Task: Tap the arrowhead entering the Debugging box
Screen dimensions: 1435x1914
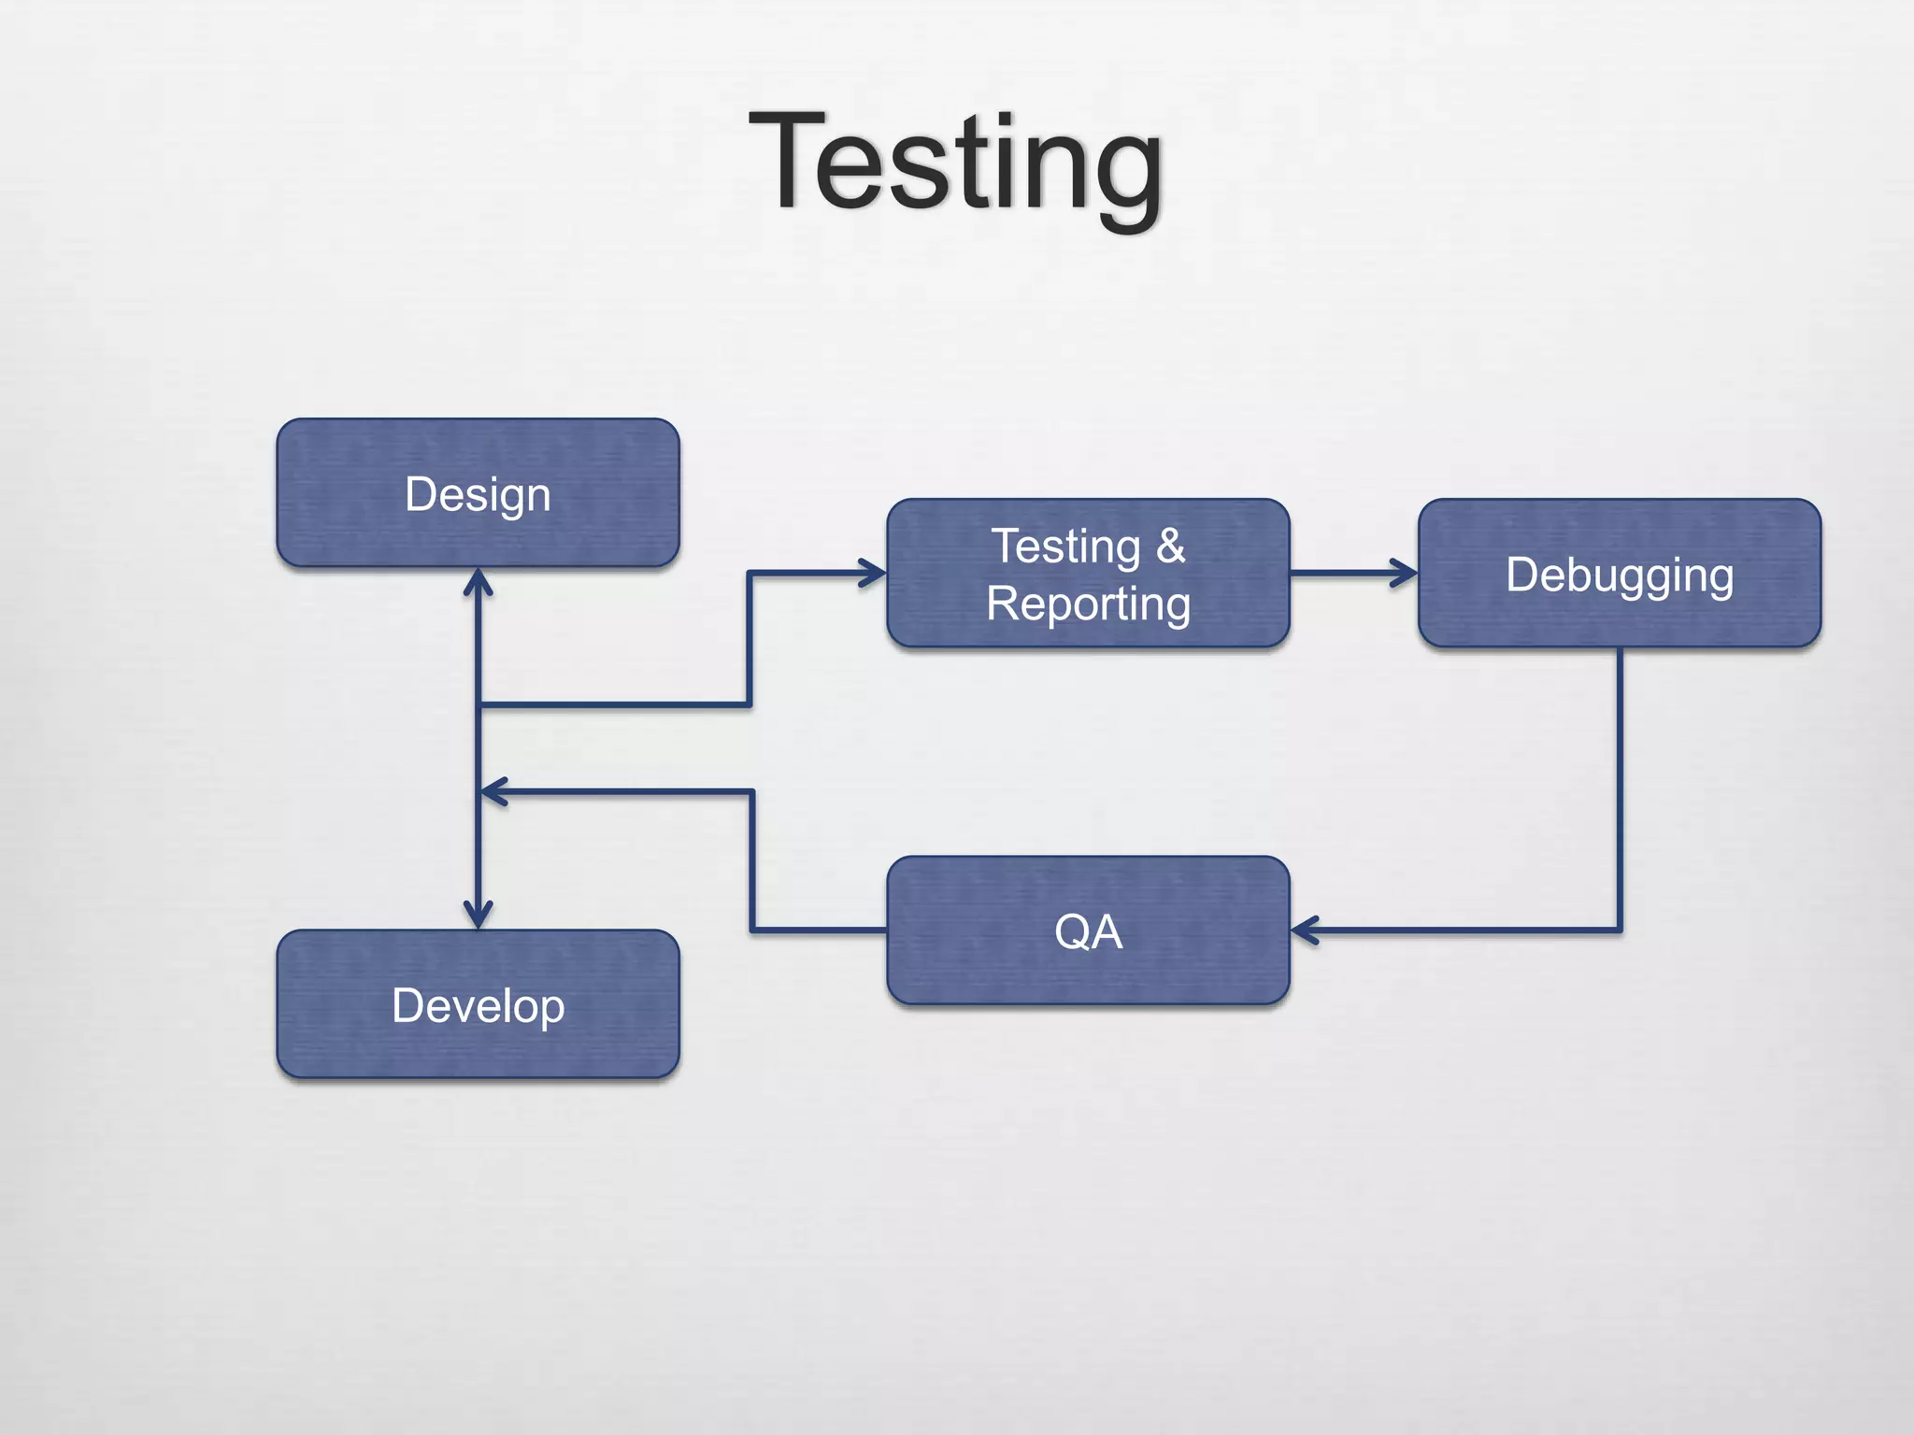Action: (1405, 573)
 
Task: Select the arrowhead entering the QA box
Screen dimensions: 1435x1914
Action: (1304, 931)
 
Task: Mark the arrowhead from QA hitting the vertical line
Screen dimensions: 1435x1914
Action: (492, 791)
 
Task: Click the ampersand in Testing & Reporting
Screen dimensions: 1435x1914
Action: (1170, 546)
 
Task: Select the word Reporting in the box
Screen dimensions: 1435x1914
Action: (1088, 604)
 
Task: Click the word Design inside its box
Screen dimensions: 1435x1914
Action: (478, 494)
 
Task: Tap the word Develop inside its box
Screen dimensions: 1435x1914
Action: (478, 1006)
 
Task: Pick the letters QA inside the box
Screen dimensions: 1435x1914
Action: (1088, 931)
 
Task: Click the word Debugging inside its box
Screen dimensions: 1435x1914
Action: (1619, 575)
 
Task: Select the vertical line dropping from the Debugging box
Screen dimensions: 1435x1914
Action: (1619, 785)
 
